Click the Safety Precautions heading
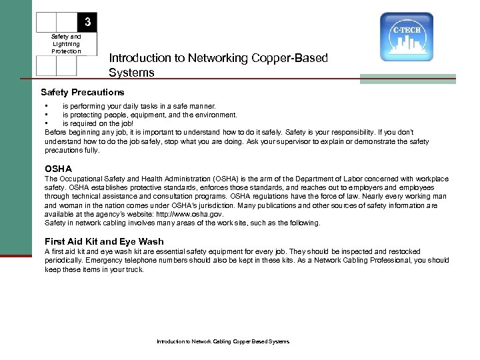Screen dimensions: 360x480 pos(82,91)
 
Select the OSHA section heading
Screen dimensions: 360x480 pos(58,169)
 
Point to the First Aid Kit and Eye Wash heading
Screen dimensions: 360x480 pos(103,241)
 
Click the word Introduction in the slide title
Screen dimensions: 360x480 pos(139,58)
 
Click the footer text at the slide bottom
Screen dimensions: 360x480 pos(223,341)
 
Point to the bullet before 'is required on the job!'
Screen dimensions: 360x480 pos(46,123)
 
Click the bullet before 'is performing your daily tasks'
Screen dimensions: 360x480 pos(46,106)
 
